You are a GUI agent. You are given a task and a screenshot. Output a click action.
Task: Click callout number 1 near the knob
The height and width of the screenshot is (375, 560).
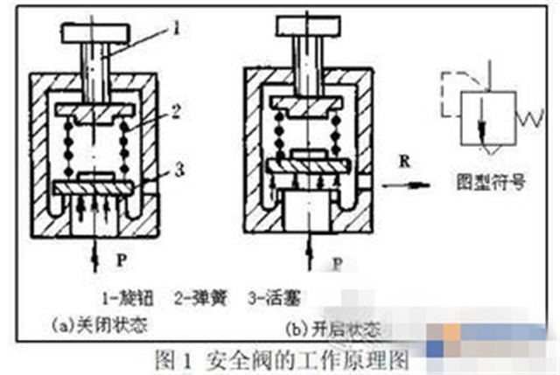(177, 29)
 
